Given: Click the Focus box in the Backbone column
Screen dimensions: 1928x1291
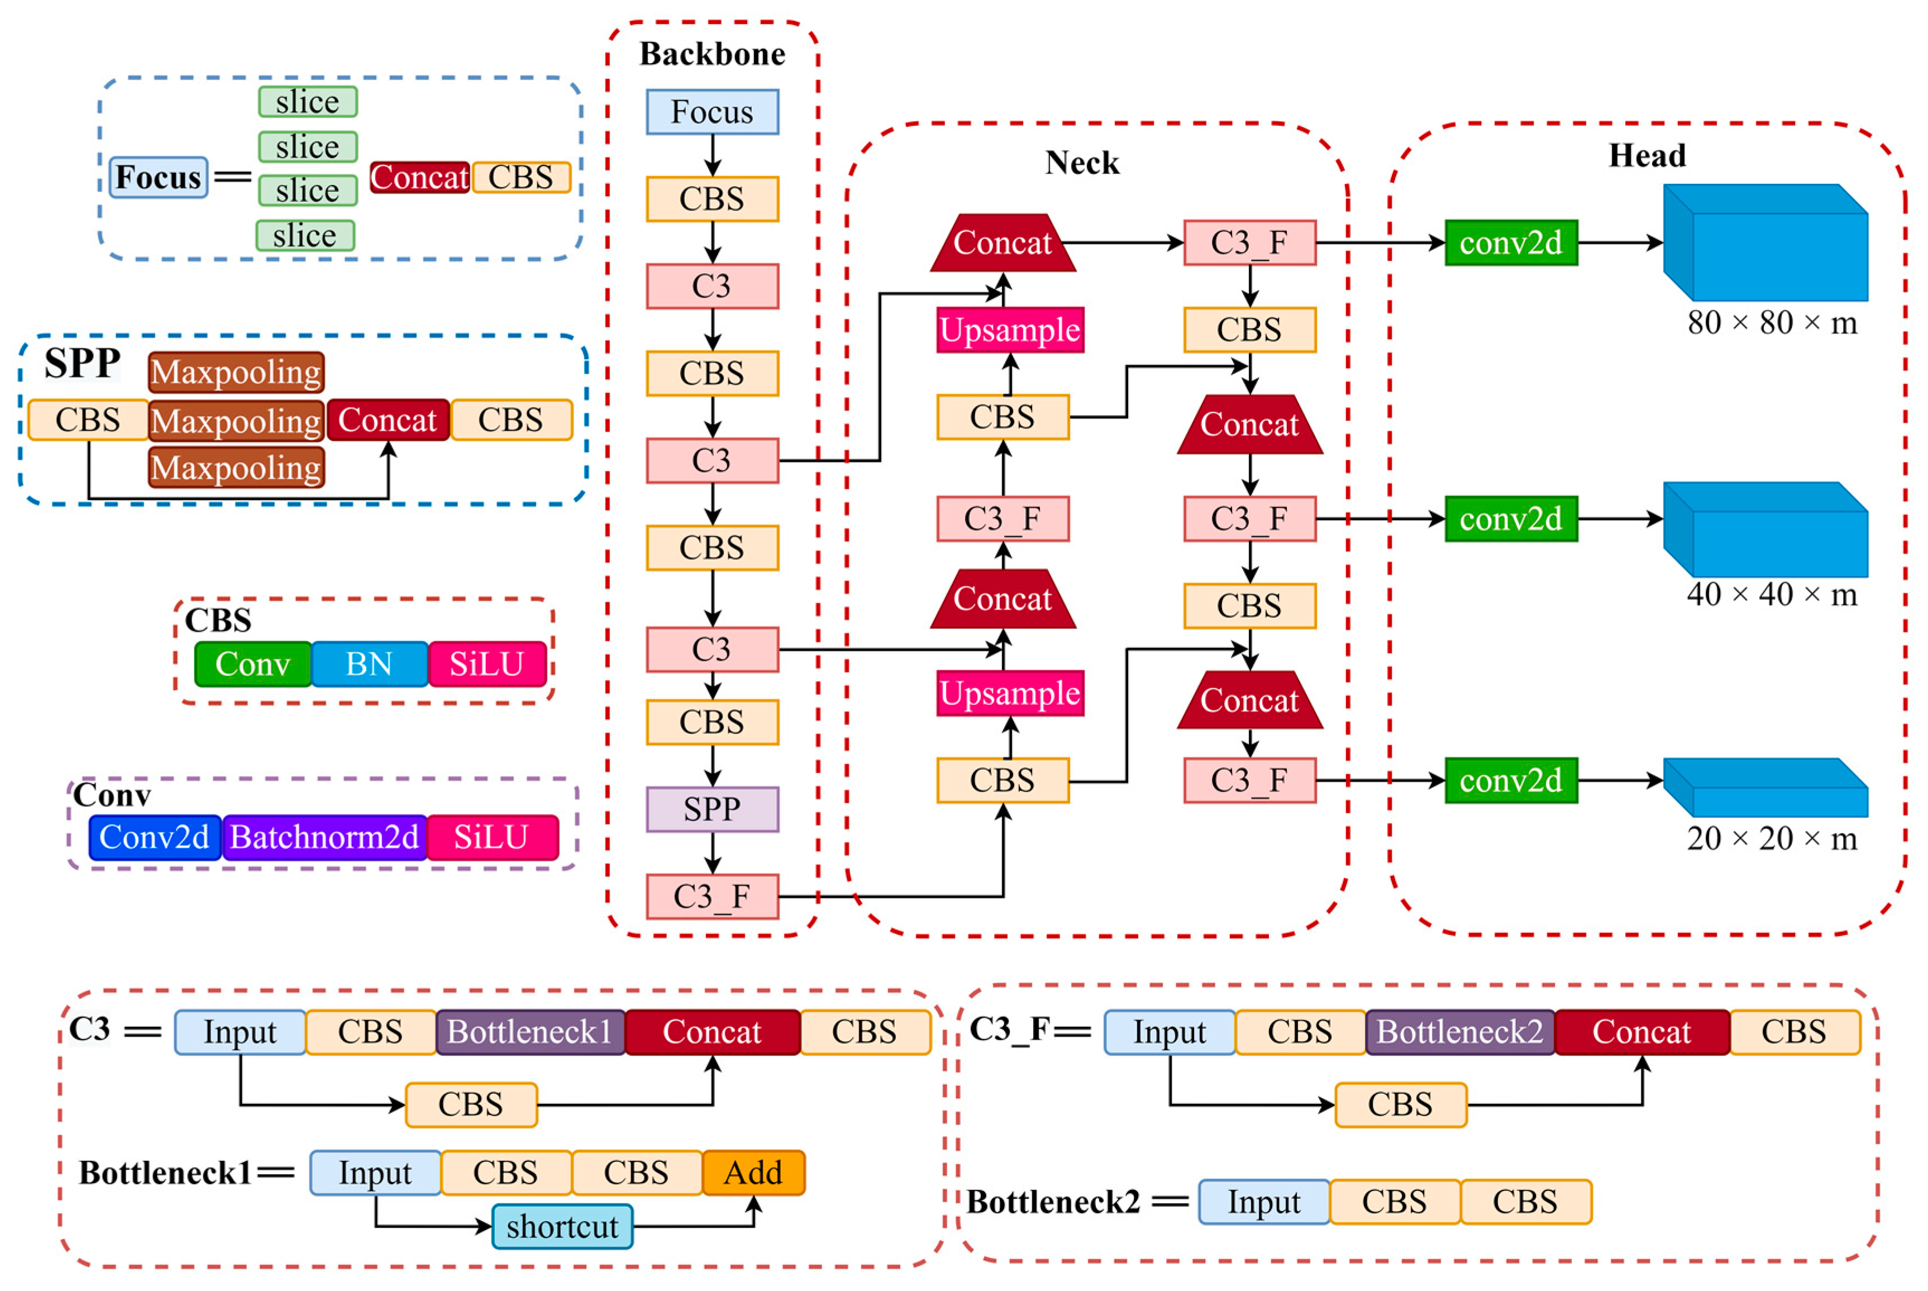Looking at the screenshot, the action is [x=712, y=112].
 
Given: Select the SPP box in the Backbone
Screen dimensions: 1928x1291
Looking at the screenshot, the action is [x=712, y=809].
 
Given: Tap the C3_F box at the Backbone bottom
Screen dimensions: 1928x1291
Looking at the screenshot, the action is [x=712, y=897].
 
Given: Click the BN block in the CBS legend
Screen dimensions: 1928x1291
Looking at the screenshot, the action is [x=370, y=664].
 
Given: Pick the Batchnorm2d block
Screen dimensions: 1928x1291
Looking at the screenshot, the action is [x=324, y=837].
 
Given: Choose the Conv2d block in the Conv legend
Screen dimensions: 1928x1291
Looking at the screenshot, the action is [x=155, y=837].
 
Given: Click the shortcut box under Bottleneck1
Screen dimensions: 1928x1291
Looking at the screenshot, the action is [x=562, y=1226].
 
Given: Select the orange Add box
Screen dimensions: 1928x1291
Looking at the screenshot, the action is [x=753, y=1173].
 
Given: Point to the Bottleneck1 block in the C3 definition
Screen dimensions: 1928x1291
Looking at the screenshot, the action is [x=530, y=1032].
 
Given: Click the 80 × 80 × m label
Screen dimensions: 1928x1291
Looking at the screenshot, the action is [x=1772, y=323].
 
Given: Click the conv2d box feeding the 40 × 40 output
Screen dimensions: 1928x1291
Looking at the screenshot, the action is [x=1511, y=519].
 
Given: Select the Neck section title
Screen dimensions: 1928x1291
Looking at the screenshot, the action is [x=1082, y=163].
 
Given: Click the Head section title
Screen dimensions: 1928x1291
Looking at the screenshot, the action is [x=1647, y=156].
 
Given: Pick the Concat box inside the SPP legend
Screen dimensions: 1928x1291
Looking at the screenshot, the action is [x=388, y=420].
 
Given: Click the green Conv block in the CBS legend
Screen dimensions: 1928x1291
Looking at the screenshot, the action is [x=253, y=664].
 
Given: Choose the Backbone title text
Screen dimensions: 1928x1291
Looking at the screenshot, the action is [x=712, y=54].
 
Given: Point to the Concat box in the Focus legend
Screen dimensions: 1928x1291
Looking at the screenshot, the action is [x=420, y=177].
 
